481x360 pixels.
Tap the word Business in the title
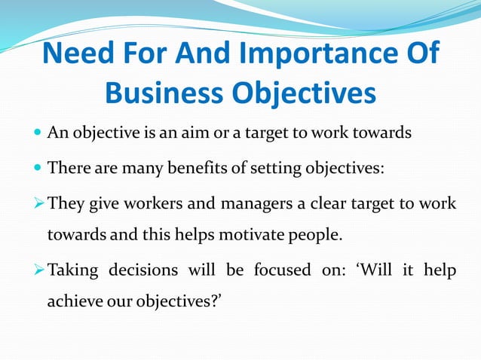[162, 93]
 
